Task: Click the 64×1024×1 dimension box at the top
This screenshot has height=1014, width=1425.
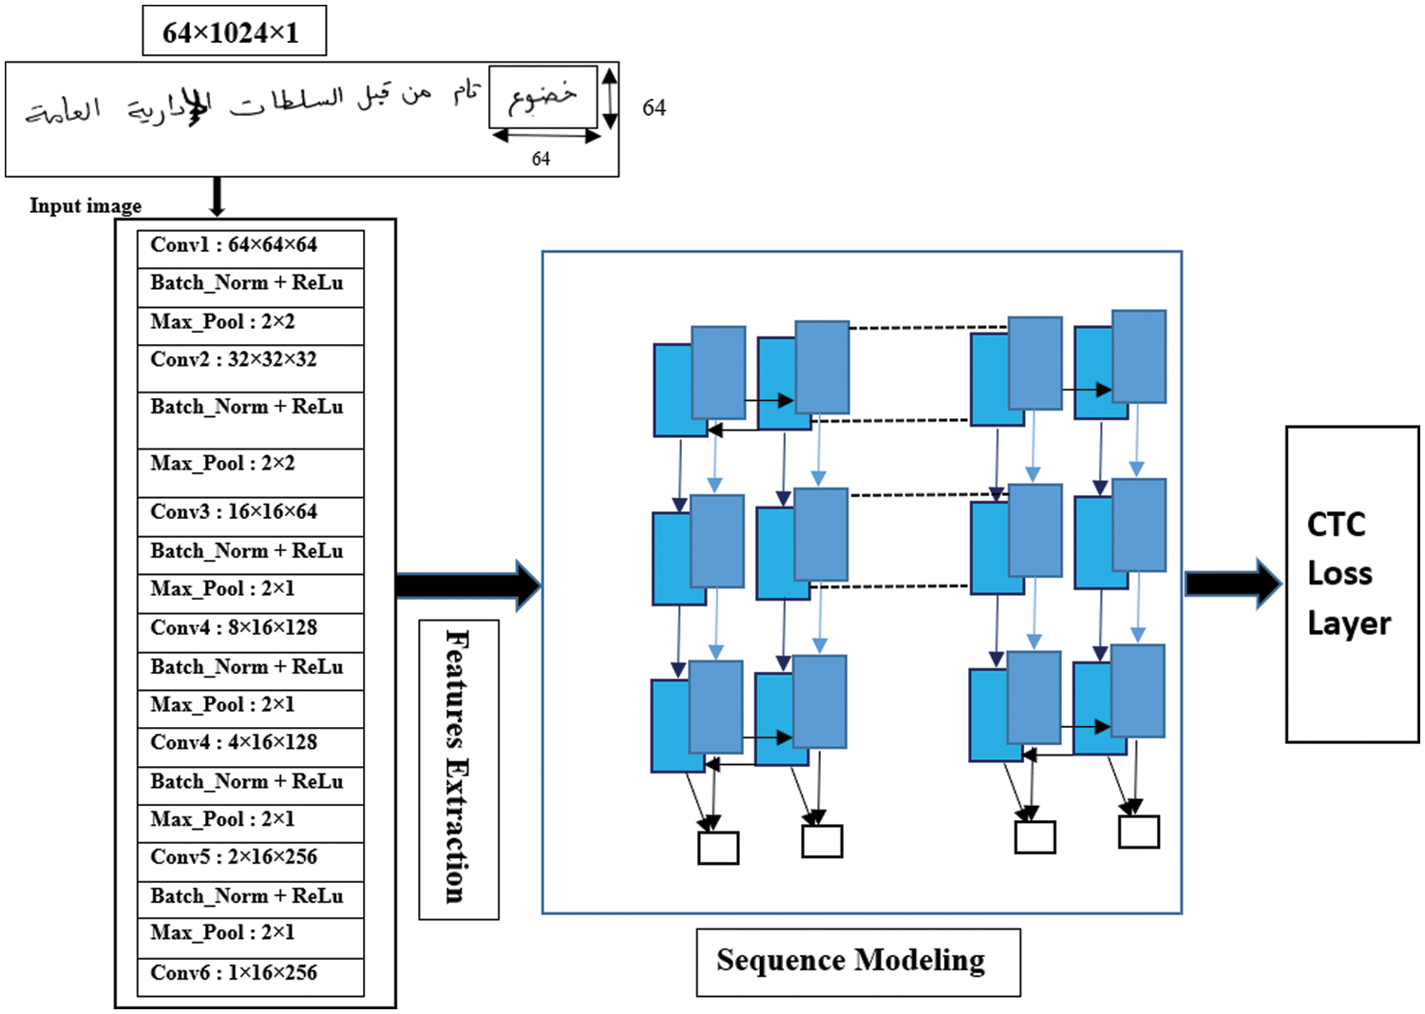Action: pos(234,31)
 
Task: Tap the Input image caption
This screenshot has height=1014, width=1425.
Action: pos(85,205)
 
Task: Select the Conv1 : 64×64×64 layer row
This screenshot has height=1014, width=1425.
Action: pos(250,246)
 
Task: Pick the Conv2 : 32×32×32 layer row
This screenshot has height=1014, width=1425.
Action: pos(250,366)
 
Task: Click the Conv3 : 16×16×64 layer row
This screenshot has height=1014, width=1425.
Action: pos(250,513)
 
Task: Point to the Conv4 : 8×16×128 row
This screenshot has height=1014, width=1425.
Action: pos(250,629)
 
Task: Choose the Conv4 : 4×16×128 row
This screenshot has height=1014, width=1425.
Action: pos(250,744)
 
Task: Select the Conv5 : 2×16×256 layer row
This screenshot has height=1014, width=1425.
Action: pos(250,858)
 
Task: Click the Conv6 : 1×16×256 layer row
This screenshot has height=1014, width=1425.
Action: pos(250,974)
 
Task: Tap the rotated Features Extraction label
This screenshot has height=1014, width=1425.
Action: pos(458,768)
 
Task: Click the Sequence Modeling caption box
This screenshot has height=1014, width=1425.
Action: pos(857,961)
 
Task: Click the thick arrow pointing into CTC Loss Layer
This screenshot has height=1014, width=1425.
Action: pos(1232,583)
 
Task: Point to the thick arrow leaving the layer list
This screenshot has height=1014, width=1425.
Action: pos(467,585)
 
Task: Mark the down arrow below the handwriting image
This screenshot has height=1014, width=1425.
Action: pos(218,196)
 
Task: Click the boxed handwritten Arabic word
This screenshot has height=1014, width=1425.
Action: pos(542,96)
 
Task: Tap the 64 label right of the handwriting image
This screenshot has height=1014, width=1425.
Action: pos(654,107)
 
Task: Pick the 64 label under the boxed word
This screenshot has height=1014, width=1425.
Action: pos(541,159)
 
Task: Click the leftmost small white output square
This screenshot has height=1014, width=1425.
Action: pos(718,848)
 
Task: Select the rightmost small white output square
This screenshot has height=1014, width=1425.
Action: pos(1138,832)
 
